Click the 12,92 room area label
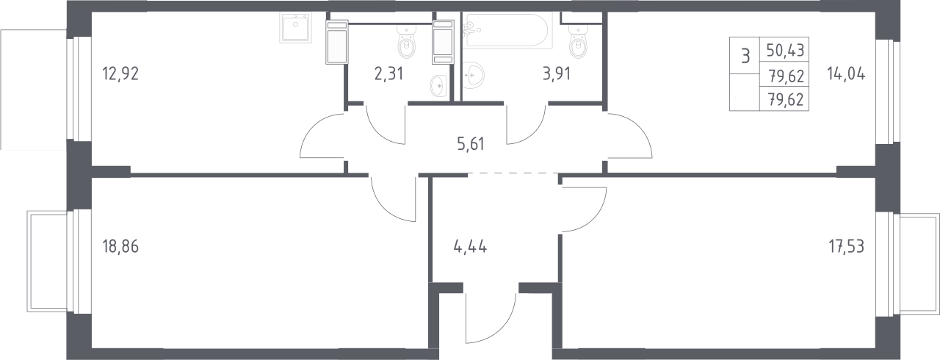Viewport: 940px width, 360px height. coord(120,74)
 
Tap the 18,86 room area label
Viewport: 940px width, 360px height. coord(120,247)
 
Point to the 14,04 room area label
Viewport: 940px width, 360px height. coord(846,74)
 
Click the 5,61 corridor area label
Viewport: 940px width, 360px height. coord(471,144)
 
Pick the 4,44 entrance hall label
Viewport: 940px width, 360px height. coord(471,247)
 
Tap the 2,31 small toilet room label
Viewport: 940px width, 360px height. coord(388,74)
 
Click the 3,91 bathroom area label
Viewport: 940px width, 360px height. coord(557,74)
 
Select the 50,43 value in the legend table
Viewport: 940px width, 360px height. coord(785,51)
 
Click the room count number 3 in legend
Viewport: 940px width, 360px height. coord(745,56)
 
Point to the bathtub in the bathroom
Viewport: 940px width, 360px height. coord(507,30)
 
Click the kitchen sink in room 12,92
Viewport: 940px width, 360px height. coord(295,28)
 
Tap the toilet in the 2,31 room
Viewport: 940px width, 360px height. coord(406,42)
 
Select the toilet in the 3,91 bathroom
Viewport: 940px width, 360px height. coord(578,42)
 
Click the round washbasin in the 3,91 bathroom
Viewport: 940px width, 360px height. coord(474,76)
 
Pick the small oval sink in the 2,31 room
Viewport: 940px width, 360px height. coord(439,86)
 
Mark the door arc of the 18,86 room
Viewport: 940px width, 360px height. coord(383,206)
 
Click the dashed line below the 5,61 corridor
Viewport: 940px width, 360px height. coord(513,173)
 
